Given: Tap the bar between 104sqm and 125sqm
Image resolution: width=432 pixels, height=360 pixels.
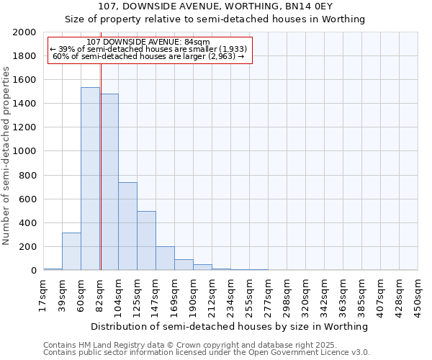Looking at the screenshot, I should point(127,226).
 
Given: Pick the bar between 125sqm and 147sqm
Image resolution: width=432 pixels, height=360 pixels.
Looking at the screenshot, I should point(146,240).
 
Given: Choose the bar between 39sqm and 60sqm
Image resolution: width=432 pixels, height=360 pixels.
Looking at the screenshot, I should point(71,251).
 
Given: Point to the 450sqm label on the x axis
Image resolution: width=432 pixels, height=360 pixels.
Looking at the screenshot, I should point(418,295).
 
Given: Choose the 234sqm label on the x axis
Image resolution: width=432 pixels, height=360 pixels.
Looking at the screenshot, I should point(230,295).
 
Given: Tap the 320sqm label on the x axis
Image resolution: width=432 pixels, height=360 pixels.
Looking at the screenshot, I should point(305,295).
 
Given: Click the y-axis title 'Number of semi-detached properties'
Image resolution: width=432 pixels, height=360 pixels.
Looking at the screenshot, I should point(6,156).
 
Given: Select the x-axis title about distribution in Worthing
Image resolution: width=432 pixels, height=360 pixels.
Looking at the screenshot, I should point(230,326).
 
